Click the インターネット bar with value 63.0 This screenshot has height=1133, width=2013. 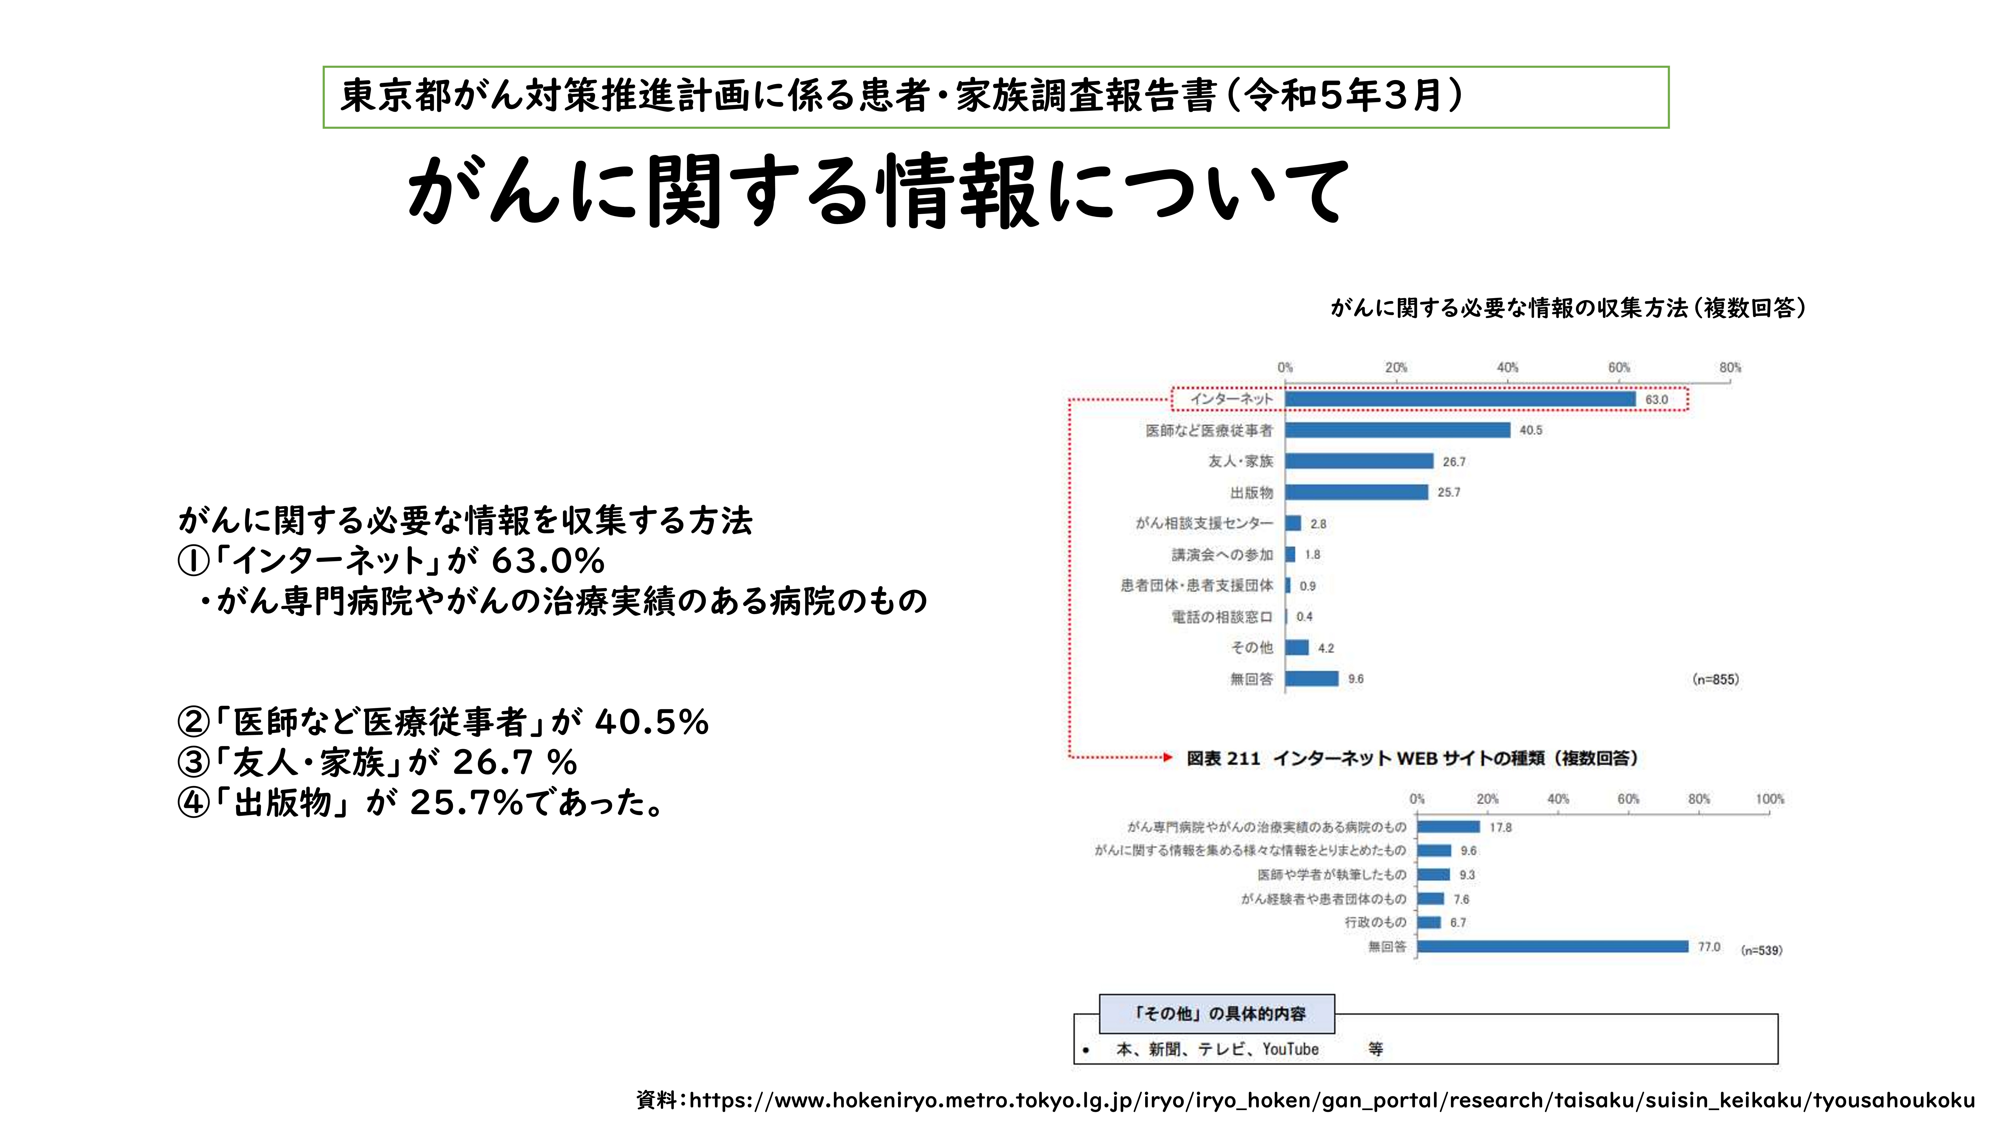click(1460, 400)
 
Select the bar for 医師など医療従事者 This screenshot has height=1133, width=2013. click(1397, 430)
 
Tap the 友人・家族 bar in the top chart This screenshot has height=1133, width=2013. click(1359, 461)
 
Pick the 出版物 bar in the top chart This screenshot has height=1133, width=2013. click(1356, 492)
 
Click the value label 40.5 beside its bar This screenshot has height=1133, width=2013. click(1530, 430)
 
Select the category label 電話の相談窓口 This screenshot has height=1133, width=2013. click(1221, 617)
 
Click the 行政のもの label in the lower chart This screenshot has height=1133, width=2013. click(1375, 923)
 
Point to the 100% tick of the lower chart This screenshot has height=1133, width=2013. click(1769, 799)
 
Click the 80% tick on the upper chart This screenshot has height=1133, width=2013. click(1729, 368)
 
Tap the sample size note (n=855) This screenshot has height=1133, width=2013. click(1715, 680)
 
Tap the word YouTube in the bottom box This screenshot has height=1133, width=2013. click(1290, 1049)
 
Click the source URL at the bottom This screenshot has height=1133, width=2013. click(1305, 1100)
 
